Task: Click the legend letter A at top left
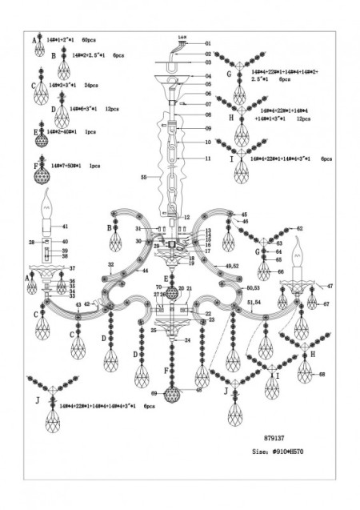pyautogui.click(x=34, y=39)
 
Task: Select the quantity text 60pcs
pyautogui.click(x=89, y=39)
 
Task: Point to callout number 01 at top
pyautogui.click(x=207, y=43)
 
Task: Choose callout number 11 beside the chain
pyautogui.click(x=207, y=159)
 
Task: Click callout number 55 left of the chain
pyautogui.click(x=144, y=175)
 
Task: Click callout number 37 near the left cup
pyautogui.click(x=71, y=268)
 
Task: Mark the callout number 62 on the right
pyautogui.click(x=300, y=228)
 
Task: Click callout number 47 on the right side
pyautogui.click(x=330, y=285)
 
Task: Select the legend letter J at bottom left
pyautogui.click(x=38, y=398)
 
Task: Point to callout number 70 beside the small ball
pyautogui.click(x=158, y=287)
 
